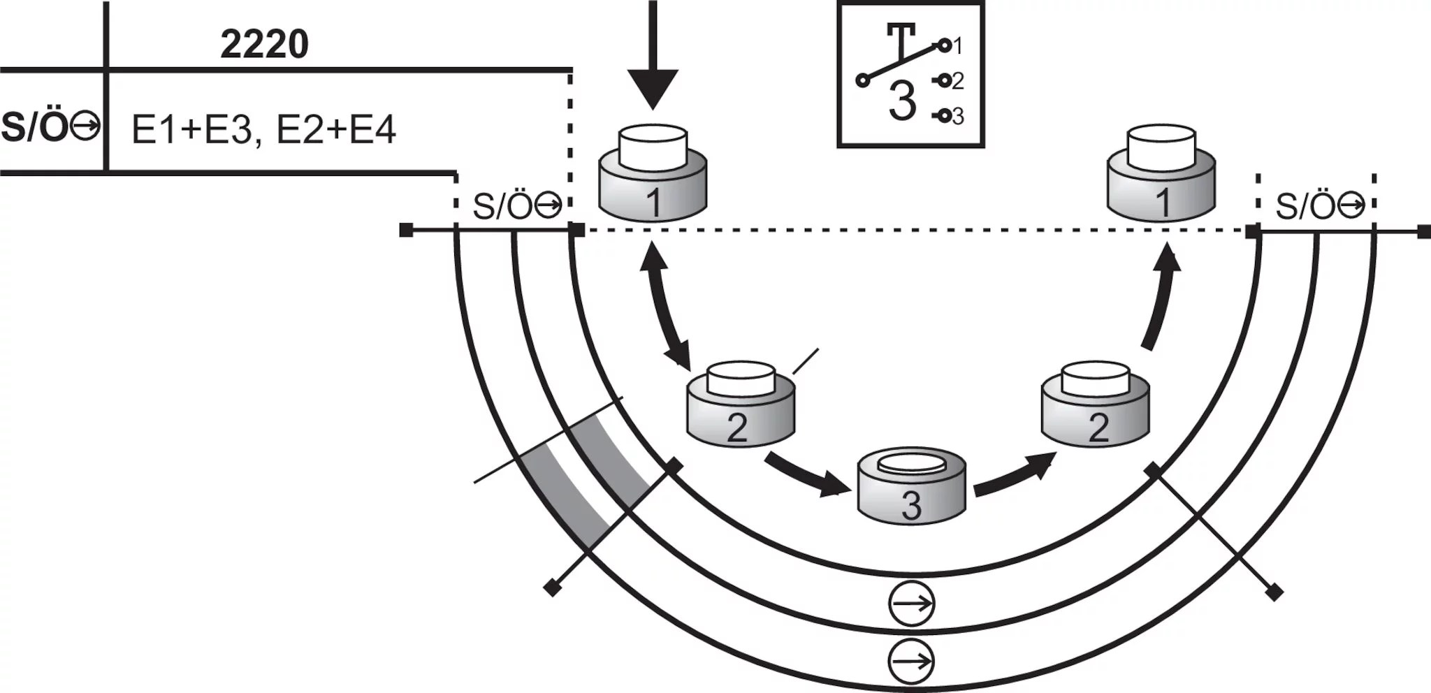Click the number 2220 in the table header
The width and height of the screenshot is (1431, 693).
tap(264, 45)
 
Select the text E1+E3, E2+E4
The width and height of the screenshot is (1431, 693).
tap(264, 130)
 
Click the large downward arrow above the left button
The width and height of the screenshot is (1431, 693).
tap(653, 56)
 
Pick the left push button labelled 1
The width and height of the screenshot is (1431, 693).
tap(653, 174)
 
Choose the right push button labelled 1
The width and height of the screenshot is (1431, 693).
tap(1161, 174)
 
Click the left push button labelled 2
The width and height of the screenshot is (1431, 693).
tap(741, 404)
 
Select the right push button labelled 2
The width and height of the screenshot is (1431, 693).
tap(1095, 404)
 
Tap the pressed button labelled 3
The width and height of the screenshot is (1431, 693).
tap(912, 485)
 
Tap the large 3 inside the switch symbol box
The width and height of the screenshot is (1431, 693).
tap(902, 101)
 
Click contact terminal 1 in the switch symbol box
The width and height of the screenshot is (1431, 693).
tap(945, 46)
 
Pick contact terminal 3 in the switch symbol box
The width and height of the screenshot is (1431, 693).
tap(945, 116)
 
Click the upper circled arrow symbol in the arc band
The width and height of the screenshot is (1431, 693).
tap(912, 603)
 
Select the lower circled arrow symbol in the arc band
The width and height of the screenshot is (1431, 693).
tap(912, 660)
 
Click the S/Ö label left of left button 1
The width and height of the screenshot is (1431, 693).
tap(517, 205)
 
